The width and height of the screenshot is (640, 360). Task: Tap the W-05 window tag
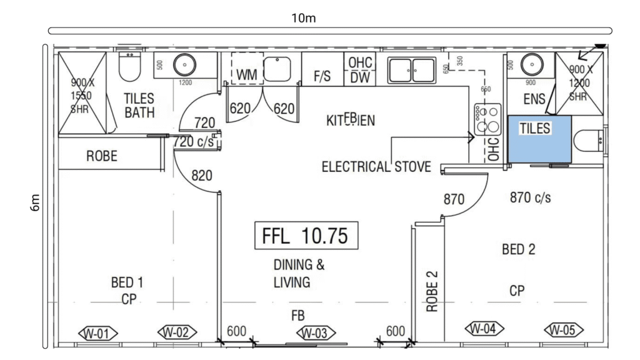[x=563, y=329]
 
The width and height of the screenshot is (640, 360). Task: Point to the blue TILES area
[x=539, y=139]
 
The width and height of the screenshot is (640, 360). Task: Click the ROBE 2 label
[x=432, y=292]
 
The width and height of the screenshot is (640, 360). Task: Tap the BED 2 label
[x=519, y=250]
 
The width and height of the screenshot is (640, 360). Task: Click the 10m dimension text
[x=304, y=17]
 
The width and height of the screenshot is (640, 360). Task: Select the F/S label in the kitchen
[x=322, y=76]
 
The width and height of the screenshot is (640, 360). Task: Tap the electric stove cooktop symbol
[x=487, y=119]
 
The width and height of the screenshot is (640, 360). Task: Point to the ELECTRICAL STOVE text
[x=376, y=167]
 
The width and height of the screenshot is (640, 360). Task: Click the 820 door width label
[x=201, y=176]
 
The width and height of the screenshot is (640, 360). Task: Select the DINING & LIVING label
[x=299, y=273]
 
